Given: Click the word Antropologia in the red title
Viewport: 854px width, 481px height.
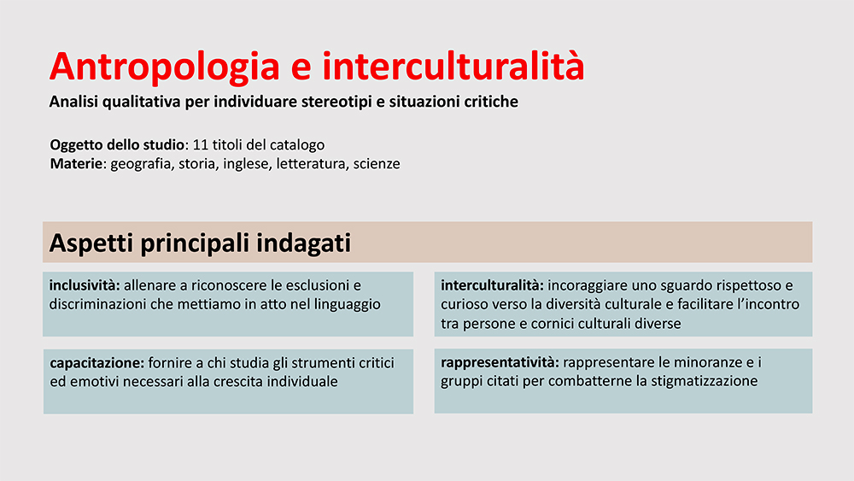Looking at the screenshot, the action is coord(165,67).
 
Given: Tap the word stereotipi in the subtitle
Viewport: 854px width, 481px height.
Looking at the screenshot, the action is coord(336,102).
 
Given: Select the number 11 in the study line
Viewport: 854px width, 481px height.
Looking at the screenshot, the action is coord(201,145).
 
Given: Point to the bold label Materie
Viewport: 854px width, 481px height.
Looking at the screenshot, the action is coord(76,163).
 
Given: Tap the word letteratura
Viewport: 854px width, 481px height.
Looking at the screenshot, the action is coord(311,163).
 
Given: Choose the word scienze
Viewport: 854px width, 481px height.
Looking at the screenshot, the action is coord(377,163).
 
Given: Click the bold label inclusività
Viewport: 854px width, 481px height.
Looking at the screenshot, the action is coord(85,284).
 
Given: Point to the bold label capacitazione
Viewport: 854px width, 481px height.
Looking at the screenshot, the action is coord(97,363).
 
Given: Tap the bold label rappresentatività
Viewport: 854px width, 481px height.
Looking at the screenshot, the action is coord(500,362).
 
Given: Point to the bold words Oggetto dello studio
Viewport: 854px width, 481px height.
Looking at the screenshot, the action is coord(117,145).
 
